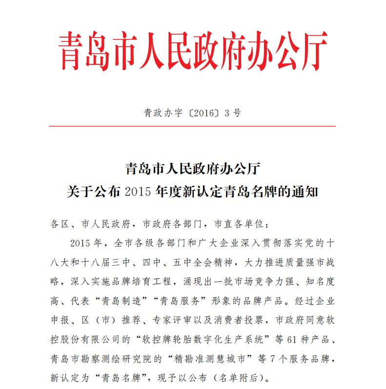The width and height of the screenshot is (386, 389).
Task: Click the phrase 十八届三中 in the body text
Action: pos(123,264)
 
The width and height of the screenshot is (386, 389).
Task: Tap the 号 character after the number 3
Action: pos(237,113)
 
